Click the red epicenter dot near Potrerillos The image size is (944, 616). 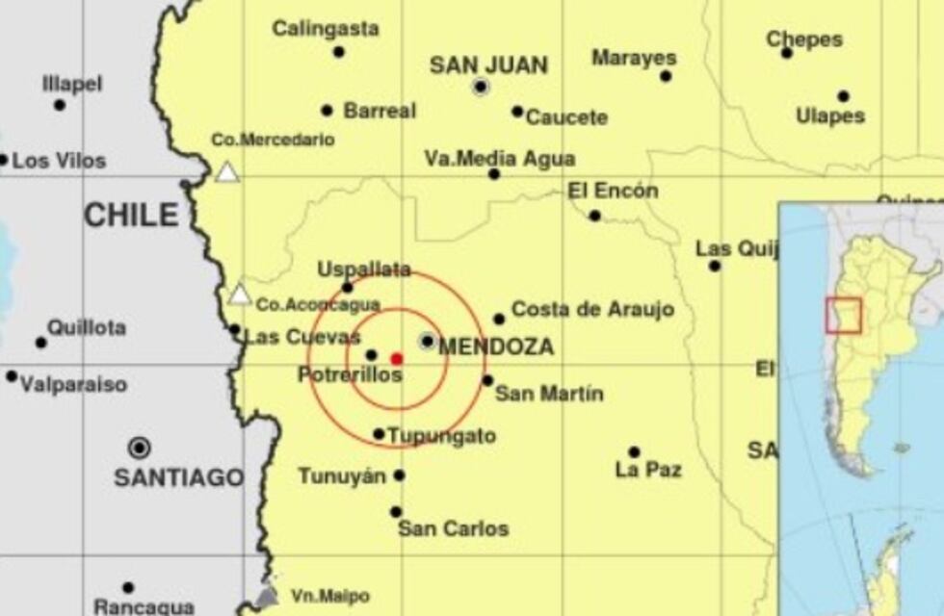(x=396, y=358)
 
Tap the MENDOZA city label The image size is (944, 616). (x=496, y=346)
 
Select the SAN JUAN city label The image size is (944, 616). (x=488, y=65)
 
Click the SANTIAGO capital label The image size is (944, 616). (x=178, y=476)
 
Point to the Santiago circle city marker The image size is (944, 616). (x=140, y=448)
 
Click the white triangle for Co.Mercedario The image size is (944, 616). (x=227, y=171)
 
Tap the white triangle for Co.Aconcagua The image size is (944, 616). (x=240, y=295)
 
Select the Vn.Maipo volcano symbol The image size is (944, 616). (x=268, y=596)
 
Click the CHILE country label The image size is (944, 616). (x=132, y=215)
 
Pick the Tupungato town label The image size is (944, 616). (x=441, y=436)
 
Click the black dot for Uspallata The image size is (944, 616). (x=348, y=287)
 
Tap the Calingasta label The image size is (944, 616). (x=325, y=29)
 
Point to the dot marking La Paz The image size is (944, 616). (x=634, y=452)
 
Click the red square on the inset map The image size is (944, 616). (x=844, y=316)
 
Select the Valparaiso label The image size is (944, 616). (x=73, y=385)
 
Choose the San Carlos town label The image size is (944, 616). (x=453, y=528)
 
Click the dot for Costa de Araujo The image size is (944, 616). (x=499, y=319)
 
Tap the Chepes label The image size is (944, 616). (x=804, y=39)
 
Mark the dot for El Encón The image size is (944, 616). (x=594, y=216)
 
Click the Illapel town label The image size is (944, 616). (x=72, y=84)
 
